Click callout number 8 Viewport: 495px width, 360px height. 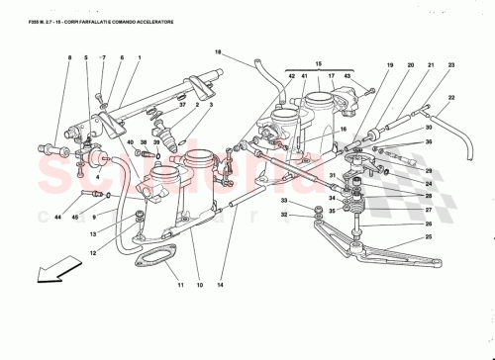pyautogui.click(x=70, y=59)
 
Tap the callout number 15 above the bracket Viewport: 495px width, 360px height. pyautogui.click(x=318, y=63)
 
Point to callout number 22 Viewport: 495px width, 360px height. pyautogui.click(x=450, y=97)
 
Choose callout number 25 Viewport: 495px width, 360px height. pyautogui.click(x=428, y=236)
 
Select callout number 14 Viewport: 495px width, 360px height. pyautogui.click(x=221, y=285)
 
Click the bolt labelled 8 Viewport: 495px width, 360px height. pyautogui.click(x=48, y=149)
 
